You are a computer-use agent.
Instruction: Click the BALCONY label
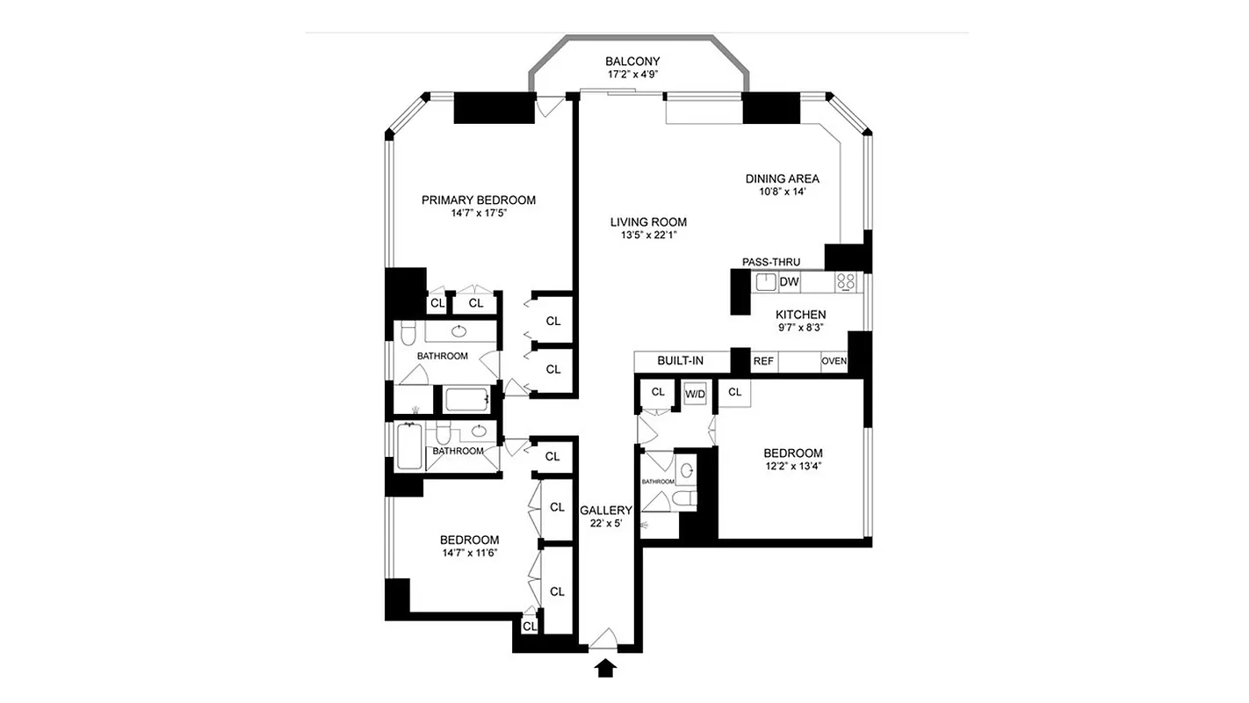[x=632, y=62]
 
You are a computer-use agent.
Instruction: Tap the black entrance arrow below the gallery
[x=604, y=670]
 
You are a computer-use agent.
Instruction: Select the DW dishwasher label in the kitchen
[x=789, y=282]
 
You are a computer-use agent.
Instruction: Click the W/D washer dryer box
[x=695, y=395]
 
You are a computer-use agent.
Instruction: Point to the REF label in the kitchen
[x=763, y=361]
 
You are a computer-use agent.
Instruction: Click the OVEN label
[x=834, y=361]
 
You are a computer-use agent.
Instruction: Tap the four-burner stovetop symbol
[x=846, y=282]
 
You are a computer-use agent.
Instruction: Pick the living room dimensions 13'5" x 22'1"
[x=648, y=236]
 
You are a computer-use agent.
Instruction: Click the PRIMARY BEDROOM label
[x=478, y=200]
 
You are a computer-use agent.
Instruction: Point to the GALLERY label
[x=606, y=511]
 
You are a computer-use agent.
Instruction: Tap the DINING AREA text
[x=782, y=178]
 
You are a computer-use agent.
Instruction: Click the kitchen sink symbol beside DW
[x=763, y=282]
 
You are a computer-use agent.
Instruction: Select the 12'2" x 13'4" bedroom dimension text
[x=792, y=467]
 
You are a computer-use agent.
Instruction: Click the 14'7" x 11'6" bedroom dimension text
[x=470, y=553]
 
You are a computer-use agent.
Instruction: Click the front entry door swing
[x=604, y=640]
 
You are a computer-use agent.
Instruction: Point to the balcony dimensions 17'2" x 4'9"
[x=632, y=75]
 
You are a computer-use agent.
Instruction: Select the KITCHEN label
[x=800, y=315]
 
